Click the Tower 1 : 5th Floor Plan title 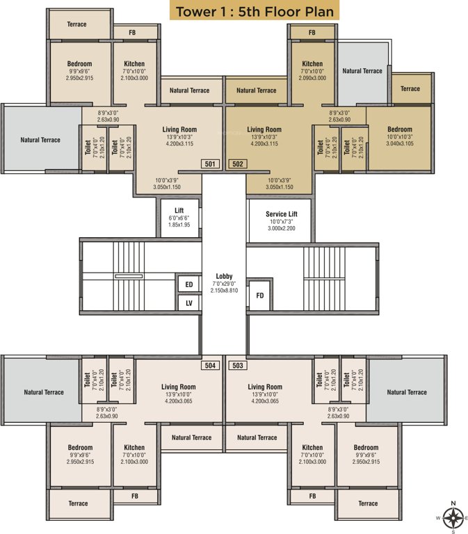pyautogui.click(x=255, y=12)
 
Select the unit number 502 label pyautogui.click(x=236, y=164)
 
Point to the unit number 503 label pyautogui.click(x=236, y=365)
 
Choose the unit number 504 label pyautogui.click(x=211, y=365)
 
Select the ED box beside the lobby pyautogui.click(x=187, y=284)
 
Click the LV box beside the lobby pyautogui.click(x=187, y=302)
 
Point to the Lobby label pyautogui.click(x=224, y=276)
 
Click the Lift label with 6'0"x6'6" pyautogui.click(x=179, y=209)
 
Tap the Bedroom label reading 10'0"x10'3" pyautogui.click(x=399, y=129)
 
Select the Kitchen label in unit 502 pyautogui.click(x=312, y=64)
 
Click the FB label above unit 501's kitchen pyautogui.click(x=134, y=32)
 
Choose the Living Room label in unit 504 pyautogui.click(x=179, y=387)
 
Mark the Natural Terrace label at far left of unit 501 pyautogui.click(x=40, y=140)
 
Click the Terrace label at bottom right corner pyautogui.click(x=368, y=503)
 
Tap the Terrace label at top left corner pyautogui.click(x=76, y=24)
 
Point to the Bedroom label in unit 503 pyautogui.click(x=365, y=448)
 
